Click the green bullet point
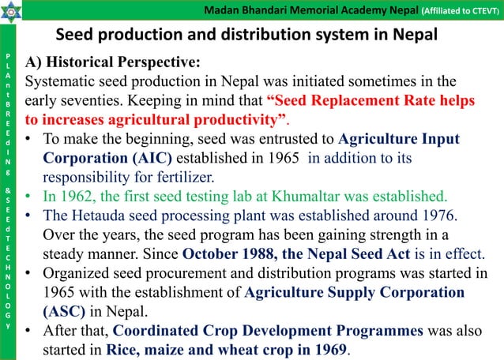coord(28,195)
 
